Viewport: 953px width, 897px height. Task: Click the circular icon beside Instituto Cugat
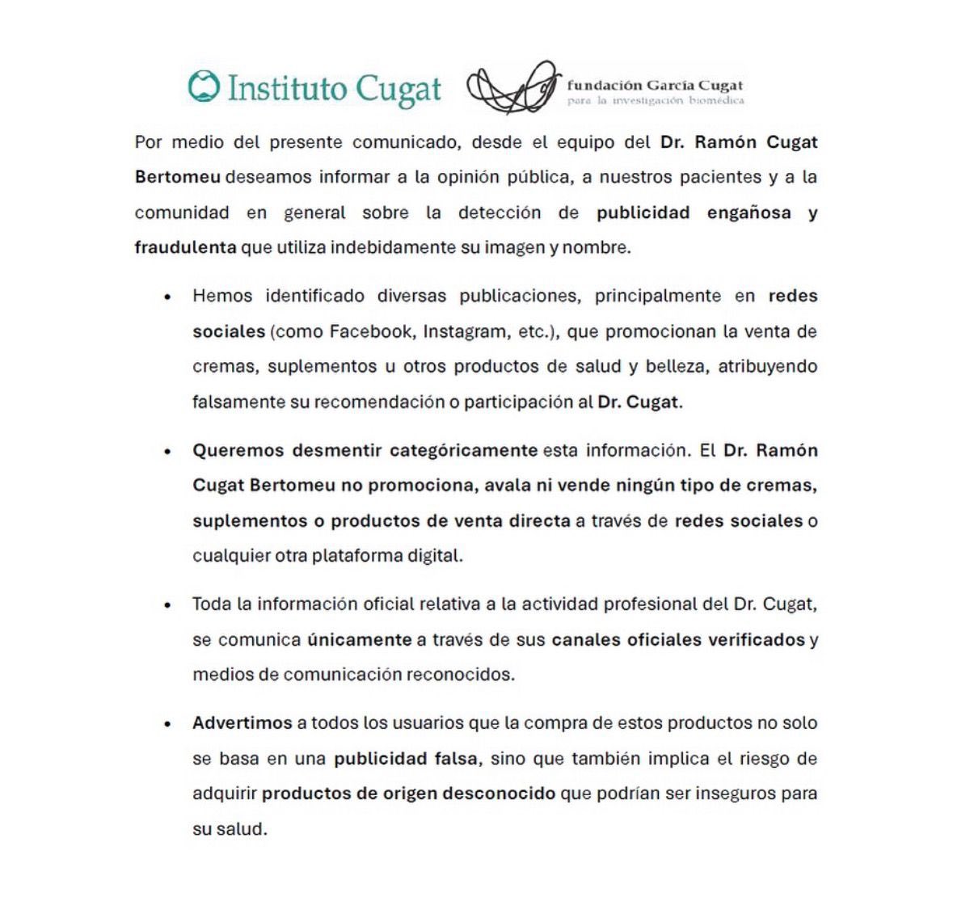pos(204,86)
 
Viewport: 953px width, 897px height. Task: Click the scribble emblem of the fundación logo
pos(512,87)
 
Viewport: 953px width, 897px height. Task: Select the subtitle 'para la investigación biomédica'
pos(655,101)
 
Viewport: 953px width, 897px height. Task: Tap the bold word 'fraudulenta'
pos(185,248)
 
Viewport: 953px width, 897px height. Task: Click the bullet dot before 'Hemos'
pos(167,297)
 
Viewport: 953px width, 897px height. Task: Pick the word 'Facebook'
pos(369,332)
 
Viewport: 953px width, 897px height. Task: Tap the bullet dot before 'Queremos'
pos(167,452)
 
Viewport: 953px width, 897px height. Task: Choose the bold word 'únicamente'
pos(359,640)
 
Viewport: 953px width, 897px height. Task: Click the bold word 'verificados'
pos(756,640)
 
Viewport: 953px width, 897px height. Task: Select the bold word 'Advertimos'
pos(242,723)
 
